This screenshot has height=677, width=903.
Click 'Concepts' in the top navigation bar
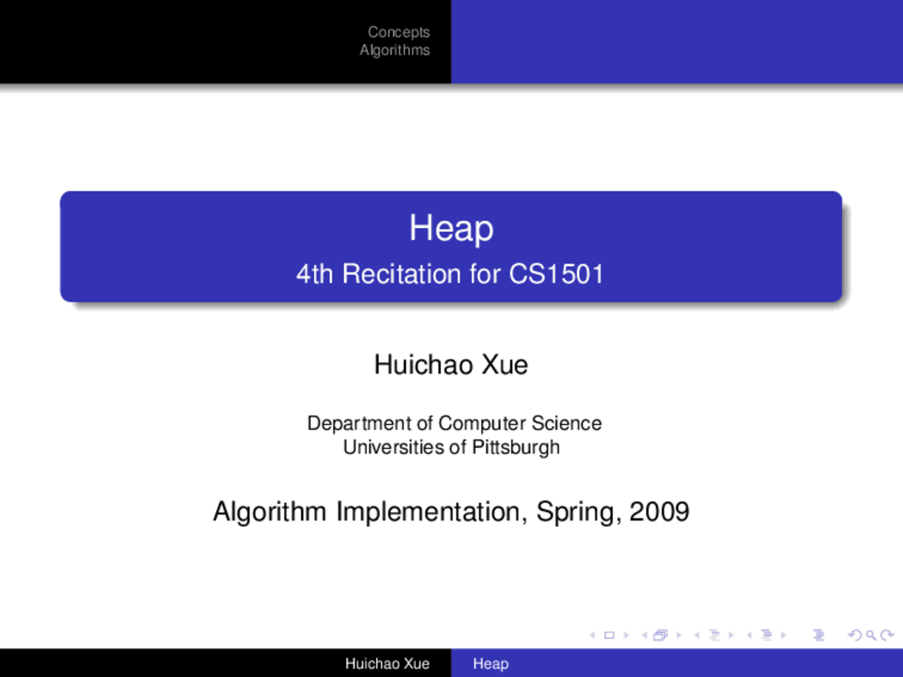pos(399,32)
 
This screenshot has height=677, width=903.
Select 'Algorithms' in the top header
pos(394,50)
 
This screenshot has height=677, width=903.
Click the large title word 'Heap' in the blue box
pos(451,228)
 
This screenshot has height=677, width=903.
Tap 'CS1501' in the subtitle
pos(556,274)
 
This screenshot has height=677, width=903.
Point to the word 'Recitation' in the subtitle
pos(401,274)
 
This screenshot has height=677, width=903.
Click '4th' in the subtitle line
pos(315,274)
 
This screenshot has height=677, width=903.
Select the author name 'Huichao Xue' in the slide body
pos(451,365)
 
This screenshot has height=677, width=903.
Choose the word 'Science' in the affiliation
pos(566,423)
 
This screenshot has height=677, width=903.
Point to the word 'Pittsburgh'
pos(516,448)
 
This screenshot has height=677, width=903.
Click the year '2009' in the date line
pos(660,512)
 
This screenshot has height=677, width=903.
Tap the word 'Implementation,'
pos(432,513)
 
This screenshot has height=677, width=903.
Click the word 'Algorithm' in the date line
pos(269,513)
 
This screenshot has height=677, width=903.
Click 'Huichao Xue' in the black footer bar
pos(387,664)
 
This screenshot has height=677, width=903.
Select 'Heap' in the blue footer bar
pos(491,664)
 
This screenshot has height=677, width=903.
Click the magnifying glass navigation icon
pos(871,635)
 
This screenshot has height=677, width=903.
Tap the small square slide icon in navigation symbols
pos(610,635)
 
